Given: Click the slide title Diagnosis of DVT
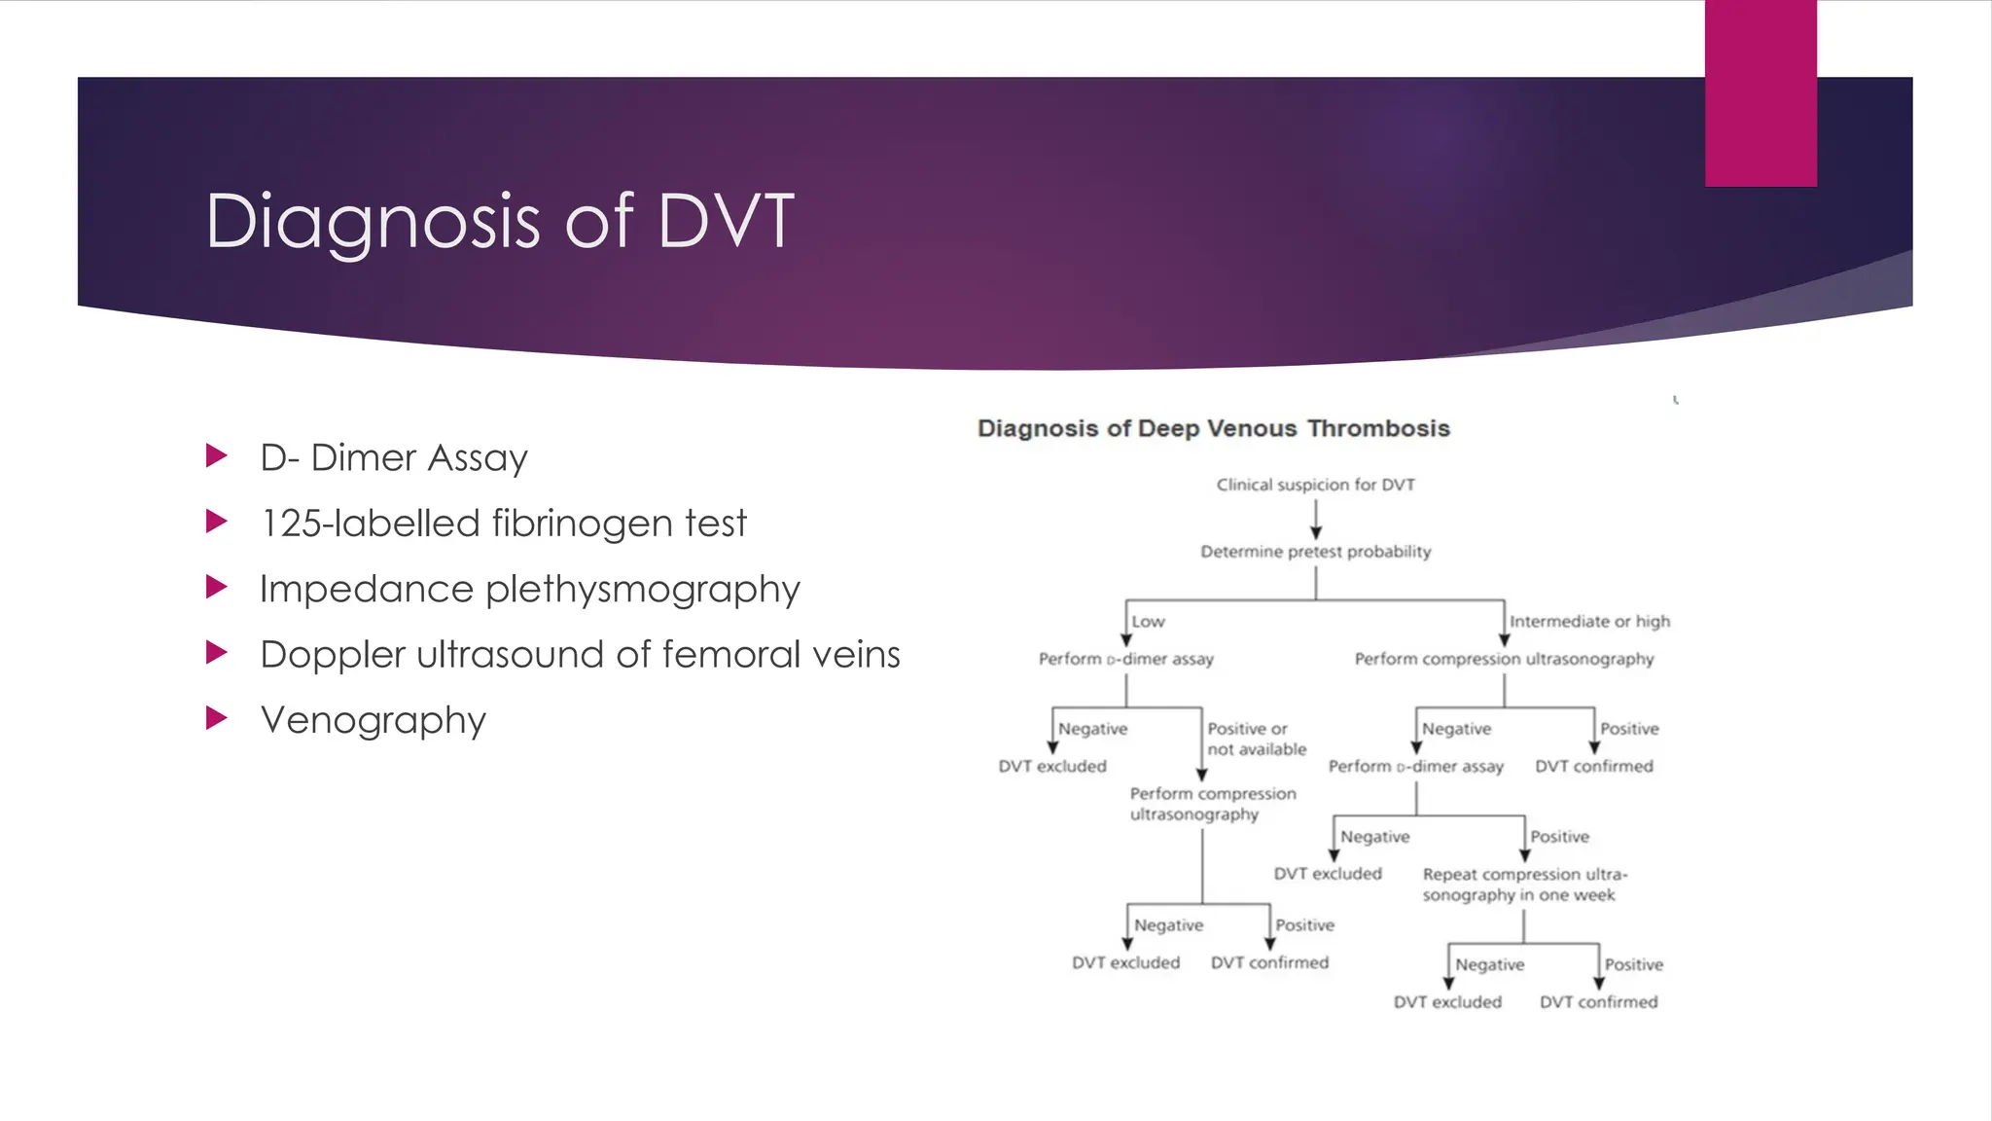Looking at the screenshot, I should point(500,222).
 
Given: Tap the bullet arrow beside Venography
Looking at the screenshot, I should point(217,719).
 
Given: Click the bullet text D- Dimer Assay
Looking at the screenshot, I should point(393,457).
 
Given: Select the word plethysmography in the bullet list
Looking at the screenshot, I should point(642,590).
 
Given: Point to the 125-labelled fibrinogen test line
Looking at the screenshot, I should point(503,524).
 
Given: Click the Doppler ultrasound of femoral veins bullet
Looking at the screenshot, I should point(580,655).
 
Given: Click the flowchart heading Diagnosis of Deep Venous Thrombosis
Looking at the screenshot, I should point(1213,429).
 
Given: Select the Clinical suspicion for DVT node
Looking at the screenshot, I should point(1315,485).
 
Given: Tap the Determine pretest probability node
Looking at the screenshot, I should point(1315,552).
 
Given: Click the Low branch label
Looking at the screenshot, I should point(1148,622).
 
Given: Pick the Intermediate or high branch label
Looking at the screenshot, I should point(1589,622).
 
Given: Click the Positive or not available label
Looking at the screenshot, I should point(1256,740).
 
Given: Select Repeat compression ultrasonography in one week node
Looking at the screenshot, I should point(1523,885).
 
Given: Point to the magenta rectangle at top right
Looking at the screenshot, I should point(1761,92).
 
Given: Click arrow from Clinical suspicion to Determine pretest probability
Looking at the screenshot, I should point(1315,520).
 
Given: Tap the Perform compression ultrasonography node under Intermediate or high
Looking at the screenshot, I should point(1504,659).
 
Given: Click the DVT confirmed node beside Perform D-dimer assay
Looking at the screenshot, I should point(1593,767).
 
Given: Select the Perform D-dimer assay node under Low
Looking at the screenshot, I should point(1125,659).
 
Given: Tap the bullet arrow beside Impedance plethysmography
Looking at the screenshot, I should point(217,588).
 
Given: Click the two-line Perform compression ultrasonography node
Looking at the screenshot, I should point(1212,804).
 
